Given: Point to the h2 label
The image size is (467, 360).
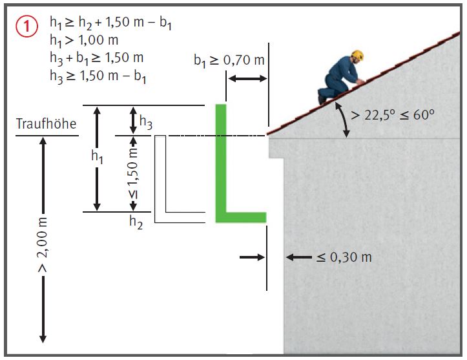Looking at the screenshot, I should (x=135, y=223).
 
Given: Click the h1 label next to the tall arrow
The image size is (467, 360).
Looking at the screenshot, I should (x=98, y=156).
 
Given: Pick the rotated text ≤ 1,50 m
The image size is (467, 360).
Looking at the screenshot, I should (x=133, y=173).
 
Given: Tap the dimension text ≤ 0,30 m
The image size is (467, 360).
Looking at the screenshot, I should (x=344, y=257).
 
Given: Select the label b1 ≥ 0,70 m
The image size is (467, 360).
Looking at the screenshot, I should (x=229, y=61).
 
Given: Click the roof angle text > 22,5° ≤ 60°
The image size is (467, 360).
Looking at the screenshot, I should (x=391, y=115).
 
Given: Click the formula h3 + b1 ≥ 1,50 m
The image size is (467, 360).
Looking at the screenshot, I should (x=96, y=57).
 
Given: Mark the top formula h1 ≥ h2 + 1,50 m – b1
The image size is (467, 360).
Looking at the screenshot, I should (x=110, y=24).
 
